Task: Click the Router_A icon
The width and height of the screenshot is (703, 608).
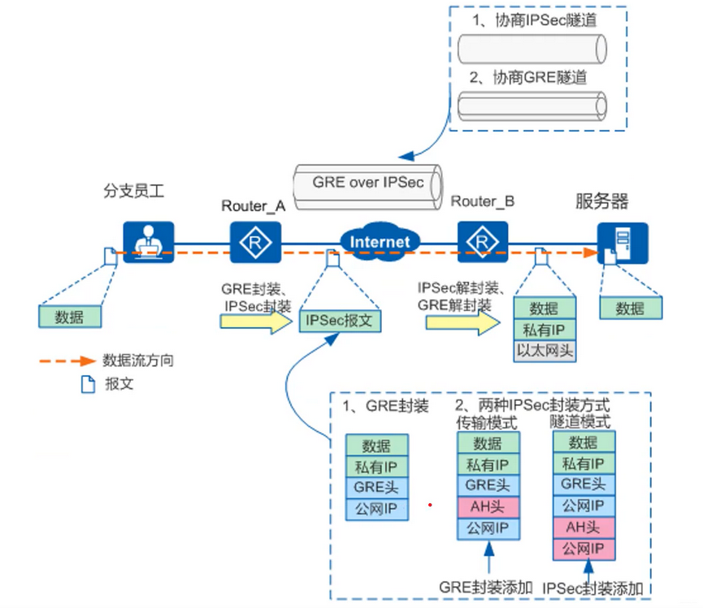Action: [x=255, y=242]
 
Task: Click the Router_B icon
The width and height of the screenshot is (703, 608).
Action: [x=484, y=242]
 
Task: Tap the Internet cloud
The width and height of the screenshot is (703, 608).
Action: [x=380, y=242]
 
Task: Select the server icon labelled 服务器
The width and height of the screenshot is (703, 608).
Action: [x=623, y=243]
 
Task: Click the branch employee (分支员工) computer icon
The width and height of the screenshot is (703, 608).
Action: [x=149, y=242]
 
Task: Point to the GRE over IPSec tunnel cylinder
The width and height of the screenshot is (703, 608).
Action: [x=367, y=183]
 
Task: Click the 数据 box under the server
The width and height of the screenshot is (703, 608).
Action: [x=631, y=308]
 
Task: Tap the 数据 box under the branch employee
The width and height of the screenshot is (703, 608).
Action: [x=70, y=317]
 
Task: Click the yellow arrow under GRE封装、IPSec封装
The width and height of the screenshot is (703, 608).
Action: [x=254, y=321]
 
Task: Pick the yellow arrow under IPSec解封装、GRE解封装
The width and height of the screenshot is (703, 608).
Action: [x=462, y=321]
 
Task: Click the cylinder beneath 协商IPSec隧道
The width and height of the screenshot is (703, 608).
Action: [x=532, y=50]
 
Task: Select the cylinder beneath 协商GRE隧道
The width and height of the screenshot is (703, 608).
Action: [x=532, y=106]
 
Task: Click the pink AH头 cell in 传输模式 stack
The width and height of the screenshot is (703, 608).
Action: [x=488, y=507]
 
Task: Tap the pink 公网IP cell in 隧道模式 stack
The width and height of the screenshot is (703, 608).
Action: [x=584, y=549]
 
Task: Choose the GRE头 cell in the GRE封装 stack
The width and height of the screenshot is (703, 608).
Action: [x=376, y=488]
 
